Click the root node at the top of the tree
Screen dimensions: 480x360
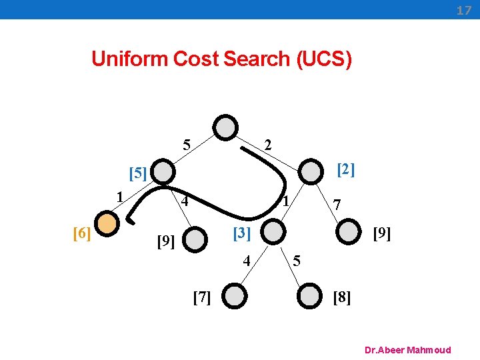(x=227, y=127)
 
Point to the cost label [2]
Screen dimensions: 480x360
(x=345, y=170)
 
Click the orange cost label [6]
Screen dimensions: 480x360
(x=81, y=233)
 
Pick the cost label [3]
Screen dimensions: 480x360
(x=241, y=233)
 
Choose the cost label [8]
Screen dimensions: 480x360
(x=341, y=297)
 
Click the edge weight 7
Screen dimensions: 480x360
(x=337, y=205)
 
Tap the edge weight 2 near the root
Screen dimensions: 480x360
(x=267, y=145)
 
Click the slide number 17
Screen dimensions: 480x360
(x=463, y=11)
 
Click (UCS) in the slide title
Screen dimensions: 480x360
(x=322, y=59)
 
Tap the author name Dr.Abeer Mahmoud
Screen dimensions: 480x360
(x=408, y=350)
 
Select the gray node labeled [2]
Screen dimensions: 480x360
(x=309, y=171)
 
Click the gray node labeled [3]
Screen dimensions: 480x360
(x=271, y=233)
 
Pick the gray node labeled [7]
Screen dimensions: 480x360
(x=235, y=295)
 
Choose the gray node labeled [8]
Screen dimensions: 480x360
(x=309, y=295)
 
